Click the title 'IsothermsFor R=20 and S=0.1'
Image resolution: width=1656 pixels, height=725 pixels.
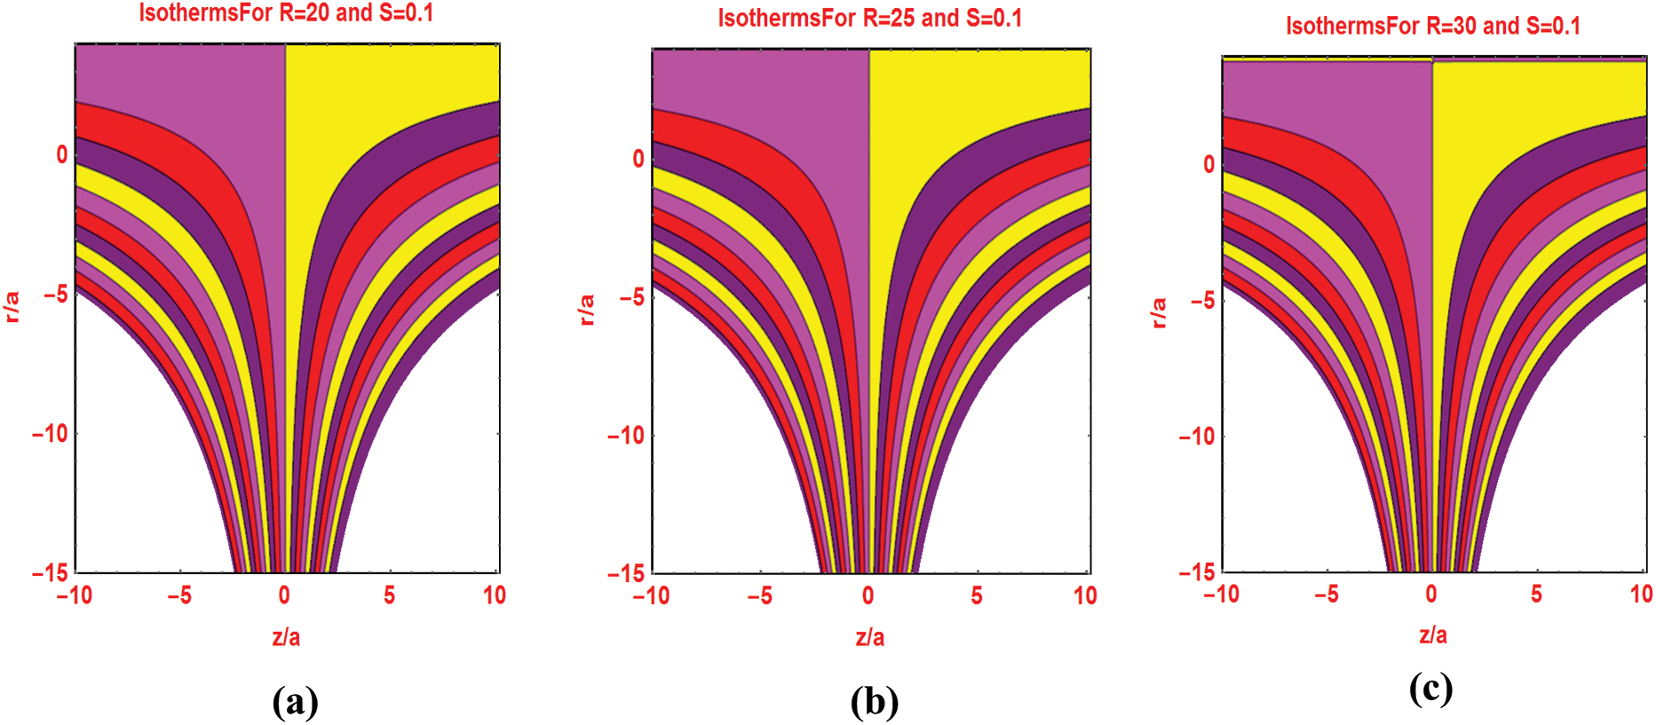[x=286, y=13]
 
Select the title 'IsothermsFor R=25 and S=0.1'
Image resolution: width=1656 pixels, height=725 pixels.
[x=870, y=19]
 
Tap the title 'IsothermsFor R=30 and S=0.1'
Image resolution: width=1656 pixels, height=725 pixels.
[x=1433, y=26]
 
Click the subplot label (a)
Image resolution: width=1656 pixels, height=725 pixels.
[x=296, y=702]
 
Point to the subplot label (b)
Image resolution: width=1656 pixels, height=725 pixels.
[x=875, y=702]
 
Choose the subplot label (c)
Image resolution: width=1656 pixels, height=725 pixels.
[x=1430, y=689]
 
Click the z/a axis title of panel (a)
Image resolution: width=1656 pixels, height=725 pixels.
[x=286, y=637]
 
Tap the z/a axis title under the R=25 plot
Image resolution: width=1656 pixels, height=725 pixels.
[x=870, y=637]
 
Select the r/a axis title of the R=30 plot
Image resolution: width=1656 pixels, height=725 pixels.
[x=1158, y=313]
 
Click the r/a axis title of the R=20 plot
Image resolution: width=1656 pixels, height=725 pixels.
[x=12, y=307]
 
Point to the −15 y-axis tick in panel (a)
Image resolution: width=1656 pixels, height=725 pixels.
[x=50, y=573]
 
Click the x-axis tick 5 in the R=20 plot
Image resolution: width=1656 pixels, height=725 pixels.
[x=390, y=595]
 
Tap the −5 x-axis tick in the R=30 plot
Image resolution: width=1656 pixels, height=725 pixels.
[x=1327, y=595]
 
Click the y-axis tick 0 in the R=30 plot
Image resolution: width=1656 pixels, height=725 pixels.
[x=1208, y=165]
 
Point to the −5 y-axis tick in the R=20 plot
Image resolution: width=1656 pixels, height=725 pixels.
[x=55, y=295]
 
